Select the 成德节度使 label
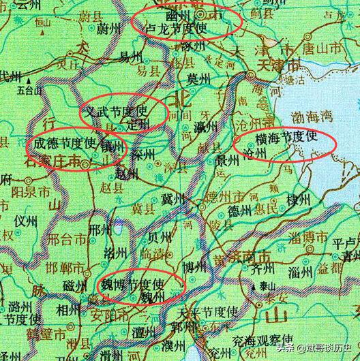tap(65, 144)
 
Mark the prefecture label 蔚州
tap(108, 29)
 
